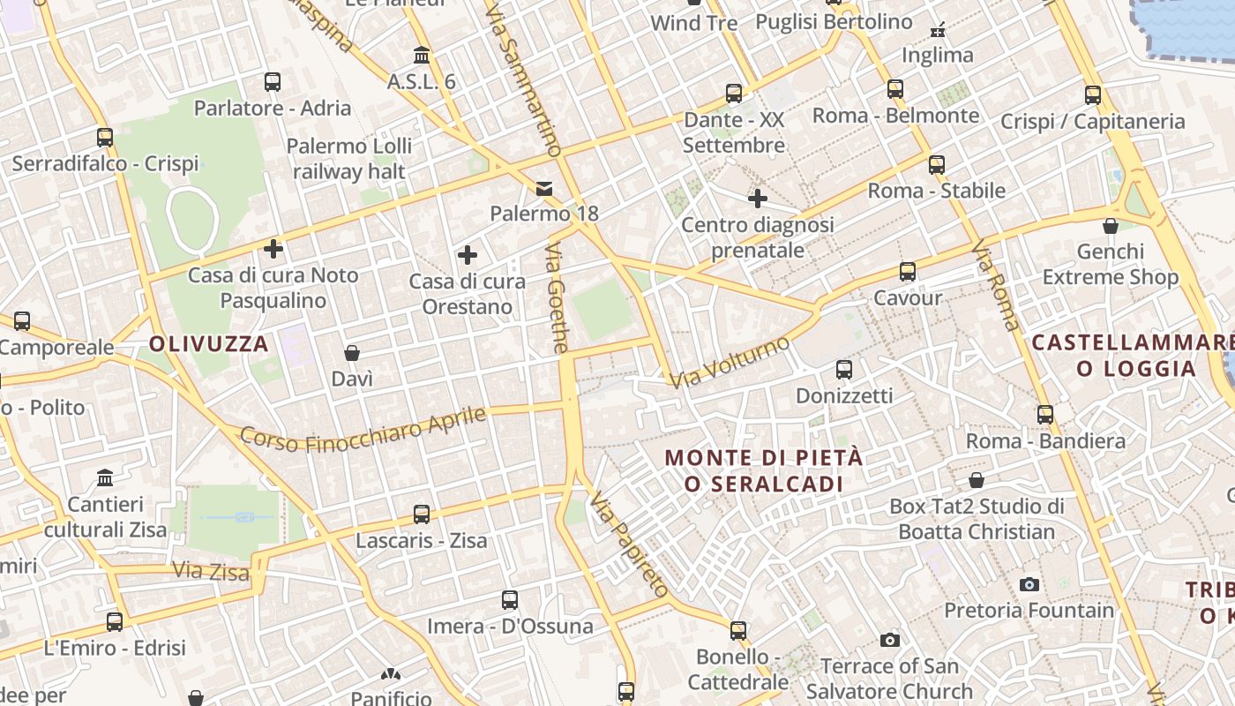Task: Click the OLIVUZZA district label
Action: point(208,344)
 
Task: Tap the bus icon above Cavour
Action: point(908,272)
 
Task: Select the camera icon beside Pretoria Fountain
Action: point(1029,584)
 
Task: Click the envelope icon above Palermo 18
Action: point(544,188)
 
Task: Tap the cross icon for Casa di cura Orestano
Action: point(468,256)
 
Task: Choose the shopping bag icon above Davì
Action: point(352,353)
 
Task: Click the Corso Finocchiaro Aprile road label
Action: point(363,429)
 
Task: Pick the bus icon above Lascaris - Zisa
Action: point(422,514)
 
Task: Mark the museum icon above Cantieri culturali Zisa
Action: point(106,478)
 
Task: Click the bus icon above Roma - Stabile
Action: point(937,165)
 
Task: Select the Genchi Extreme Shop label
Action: point(1111,265)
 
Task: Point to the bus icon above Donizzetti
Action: point(844,370)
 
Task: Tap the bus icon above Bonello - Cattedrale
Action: point(738,631)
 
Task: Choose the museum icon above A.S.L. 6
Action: point(422,56)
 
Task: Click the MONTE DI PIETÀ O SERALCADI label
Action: point(764,470)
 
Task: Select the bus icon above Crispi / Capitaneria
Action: point(1093,95)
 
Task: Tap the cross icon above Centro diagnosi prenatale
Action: point(758,199)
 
